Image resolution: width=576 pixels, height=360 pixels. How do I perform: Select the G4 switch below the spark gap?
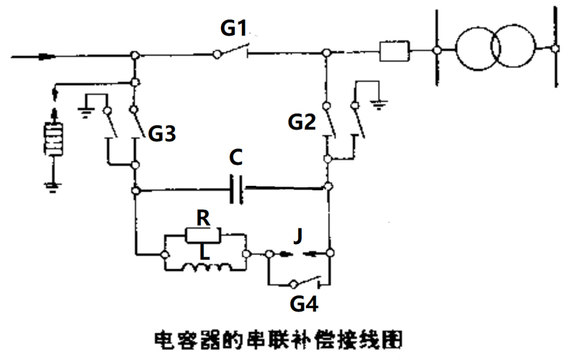[x=299, y=282]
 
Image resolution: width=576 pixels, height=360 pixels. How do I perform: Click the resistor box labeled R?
[x=205, y=234]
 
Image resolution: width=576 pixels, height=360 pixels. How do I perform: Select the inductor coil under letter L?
[x=206, y=269]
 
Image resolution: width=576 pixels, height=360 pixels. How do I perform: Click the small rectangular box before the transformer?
[x=395, y=51]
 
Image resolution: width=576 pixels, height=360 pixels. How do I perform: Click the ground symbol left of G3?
[x=86, y=111]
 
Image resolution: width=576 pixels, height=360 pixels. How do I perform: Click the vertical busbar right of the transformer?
[x=555, y=48]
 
